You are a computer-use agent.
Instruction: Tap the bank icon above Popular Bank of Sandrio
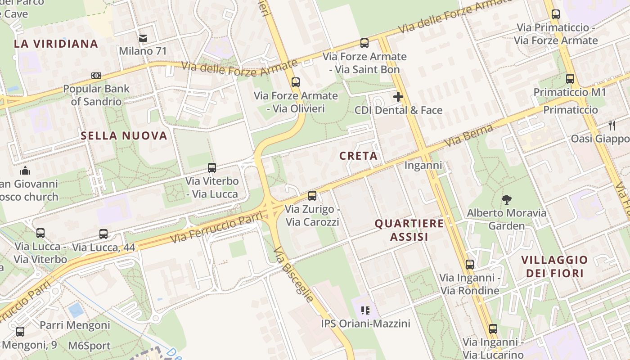click(96, 76)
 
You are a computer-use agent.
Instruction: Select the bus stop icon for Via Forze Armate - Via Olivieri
click(296, 82)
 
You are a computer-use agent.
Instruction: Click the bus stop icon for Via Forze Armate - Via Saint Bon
click(364, 43)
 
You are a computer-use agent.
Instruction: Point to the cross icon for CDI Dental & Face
click(398, 97)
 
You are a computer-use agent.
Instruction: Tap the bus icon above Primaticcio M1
click(570, 79)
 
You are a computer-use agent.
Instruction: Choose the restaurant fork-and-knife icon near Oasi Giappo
click(612, 125)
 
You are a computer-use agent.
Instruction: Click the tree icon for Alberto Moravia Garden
click(507, 199)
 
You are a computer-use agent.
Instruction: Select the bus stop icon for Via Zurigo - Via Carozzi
click(312, 196)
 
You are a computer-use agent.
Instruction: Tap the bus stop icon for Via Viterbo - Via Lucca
click(212, 168)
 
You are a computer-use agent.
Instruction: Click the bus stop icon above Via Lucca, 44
click(103, 234)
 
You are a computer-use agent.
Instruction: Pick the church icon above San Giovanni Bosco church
click(25, 171)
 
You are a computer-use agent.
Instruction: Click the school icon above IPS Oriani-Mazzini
click(365, 310)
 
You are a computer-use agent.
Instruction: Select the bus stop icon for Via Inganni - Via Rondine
click(470, 264)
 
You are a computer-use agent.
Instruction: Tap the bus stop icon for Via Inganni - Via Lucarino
click(493, 329)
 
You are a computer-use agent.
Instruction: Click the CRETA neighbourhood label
click(358, 156)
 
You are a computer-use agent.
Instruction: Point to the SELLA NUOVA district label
click(124, 135)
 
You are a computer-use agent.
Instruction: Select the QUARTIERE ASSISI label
click(409, 230)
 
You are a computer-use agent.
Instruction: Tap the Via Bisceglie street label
click(293, 274)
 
